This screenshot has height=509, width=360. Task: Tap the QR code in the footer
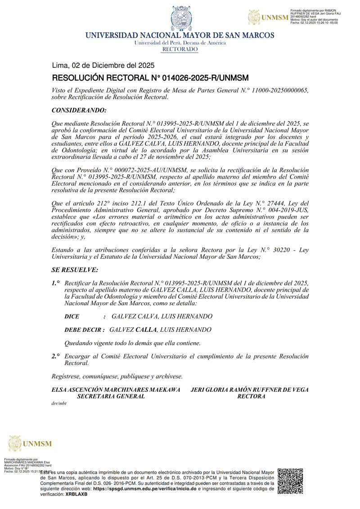point(290,481)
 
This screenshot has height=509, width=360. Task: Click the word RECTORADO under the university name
point(180,49)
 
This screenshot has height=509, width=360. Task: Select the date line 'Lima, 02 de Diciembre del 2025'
point(103,65)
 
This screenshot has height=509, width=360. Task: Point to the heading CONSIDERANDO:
point(79,110)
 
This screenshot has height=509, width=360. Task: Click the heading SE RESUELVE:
point(75,270)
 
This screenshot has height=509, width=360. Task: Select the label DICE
point(72,317)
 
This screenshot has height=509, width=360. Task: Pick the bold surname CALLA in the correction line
point(146,330)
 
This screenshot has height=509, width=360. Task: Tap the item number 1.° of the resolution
point(56,283)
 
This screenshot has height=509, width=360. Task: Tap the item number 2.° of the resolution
point(56,356)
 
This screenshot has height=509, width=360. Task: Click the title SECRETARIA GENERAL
point(111,396)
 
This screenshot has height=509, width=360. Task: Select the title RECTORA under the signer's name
point(251,396)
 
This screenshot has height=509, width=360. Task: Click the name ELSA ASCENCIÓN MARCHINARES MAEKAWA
point(116,389)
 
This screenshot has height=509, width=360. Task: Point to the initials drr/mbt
point(59,403)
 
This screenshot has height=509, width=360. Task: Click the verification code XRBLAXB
point(76,494)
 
